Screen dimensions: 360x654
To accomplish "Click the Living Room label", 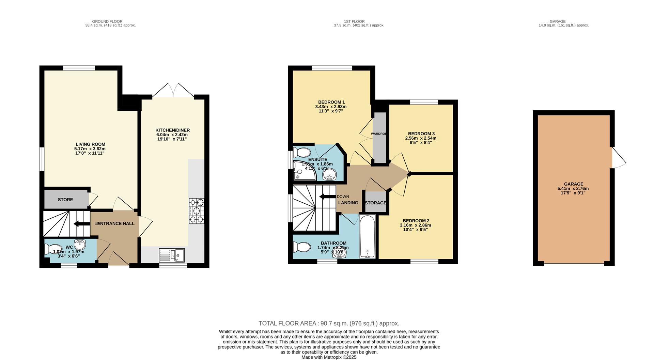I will (90, 144).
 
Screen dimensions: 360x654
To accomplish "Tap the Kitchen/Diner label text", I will (172, 130).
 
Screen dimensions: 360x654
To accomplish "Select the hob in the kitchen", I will (197, 211).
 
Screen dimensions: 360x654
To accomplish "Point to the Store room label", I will (65, 200).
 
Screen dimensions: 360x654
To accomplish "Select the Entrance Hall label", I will (116, 224).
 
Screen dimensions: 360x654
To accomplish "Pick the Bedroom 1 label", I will (331, 102).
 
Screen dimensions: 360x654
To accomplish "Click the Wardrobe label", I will (378, 134).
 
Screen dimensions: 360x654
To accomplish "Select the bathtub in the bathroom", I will (368, 236).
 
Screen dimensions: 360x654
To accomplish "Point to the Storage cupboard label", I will (375, 203).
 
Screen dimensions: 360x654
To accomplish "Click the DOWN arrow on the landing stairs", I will (327, 197).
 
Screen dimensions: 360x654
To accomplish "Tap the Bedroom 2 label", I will (416, 221).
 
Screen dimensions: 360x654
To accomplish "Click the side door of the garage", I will (618, 157).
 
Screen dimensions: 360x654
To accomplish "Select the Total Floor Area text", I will (329, 324).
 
